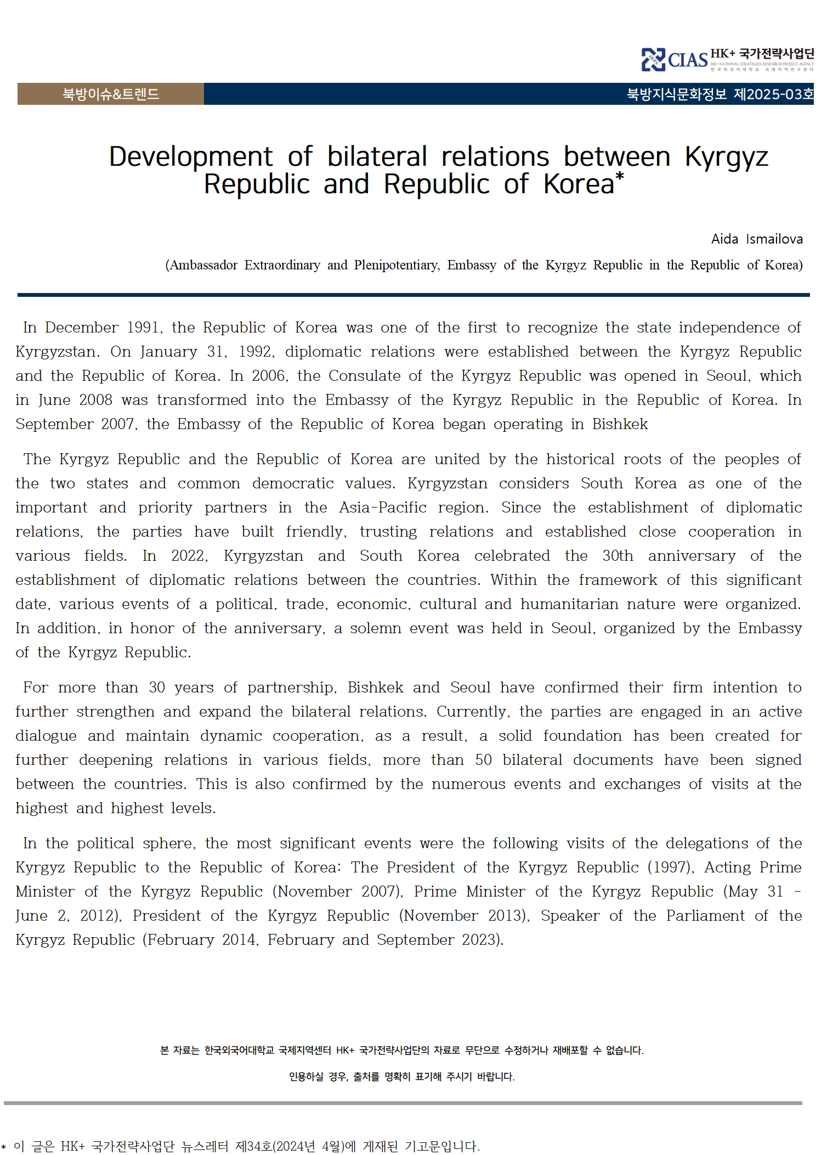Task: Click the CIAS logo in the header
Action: coord(675,59)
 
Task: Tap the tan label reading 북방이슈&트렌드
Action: coord(110,94)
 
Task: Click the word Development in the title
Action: coord(190,157)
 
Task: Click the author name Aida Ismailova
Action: coord(757,239)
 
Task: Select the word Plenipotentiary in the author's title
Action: coord(396,266)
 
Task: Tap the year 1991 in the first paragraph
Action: coord(144,328)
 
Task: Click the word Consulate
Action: coord(364,376)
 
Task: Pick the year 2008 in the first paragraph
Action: coord(95,400)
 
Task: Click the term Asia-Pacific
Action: coord(382,508)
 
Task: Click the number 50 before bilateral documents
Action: coord(483,760)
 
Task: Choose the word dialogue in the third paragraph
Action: coord(46,736)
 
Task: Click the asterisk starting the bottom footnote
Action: coord(4,1146)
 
